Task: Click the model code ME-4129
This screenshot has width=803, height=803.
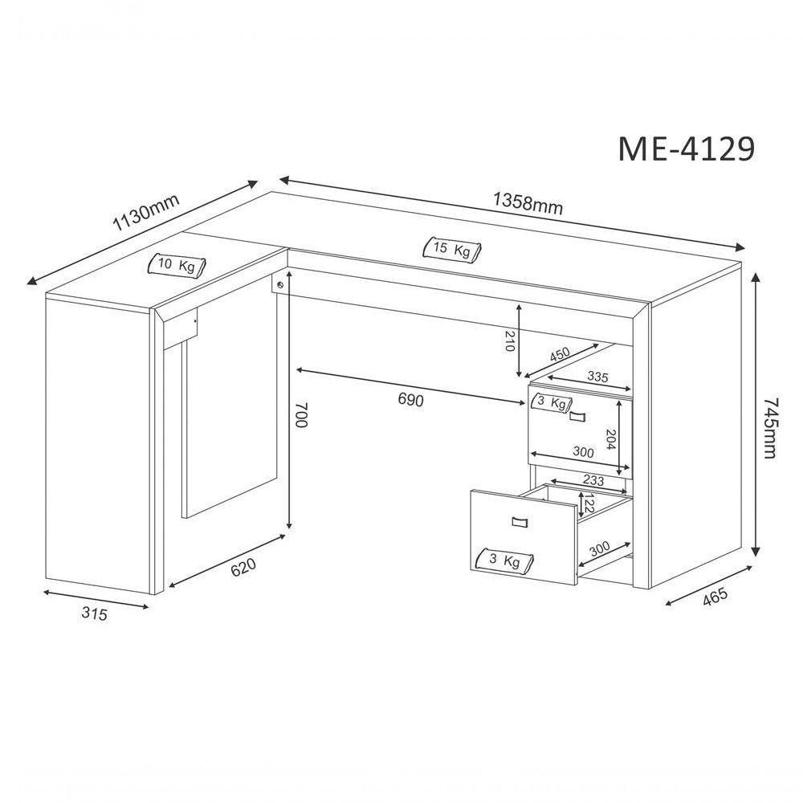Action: point(687,149)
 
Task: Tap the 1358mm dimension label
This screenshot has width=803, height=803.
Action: point(528,203)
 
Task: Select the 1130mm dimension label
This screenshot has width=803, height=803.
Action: point(146,213)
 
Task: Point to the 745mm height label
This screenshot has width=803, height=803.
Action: point(770,428)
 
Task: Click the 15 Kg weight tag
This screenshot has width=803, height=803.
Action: point(452,250)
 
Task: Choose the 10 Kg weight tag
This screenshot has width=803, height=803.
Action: point(176,265)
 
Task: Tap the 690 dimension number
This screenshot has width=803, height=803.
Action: point(410,399)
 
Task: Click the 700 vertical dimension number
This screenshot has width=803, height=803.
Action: point(302,415)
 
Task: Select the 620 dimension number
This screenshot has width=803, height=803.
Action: point(243,567)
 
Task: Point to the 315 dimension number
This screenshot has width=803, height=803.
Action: point(95,613)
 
